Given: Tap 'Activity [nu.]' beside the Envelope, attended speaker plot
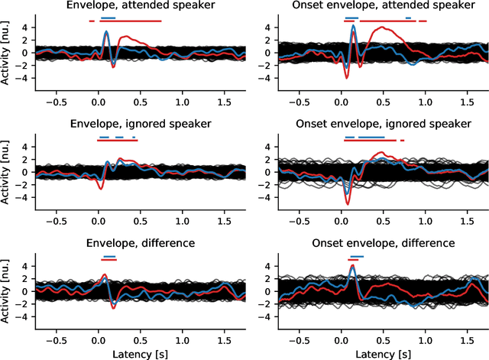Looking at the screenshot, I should (x=8, y=53).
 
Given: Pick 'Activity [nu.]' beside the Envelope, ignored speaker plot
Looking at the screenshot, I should (x=8, y=172).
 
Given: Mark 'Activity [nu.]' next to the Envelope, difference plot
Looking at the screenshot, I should (x=8, y=291).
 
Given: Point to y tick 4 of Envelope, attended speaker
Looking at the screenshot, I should (x=24, y=28).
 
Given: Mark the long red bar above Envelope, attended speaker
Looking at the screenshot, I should (x=130, y=21).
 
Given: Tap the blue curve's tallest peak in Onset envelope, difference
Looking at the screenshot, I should (x=352, y=266).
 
